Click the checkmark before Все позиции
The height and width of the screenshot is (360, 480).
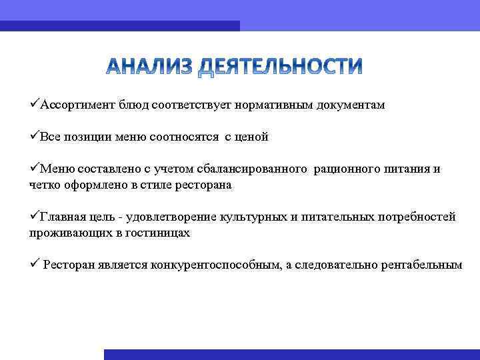pyautogui.click(x=34, y=137)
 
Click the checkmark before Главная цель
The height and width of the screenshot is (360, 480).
pyautogui.click(x=34, y=217)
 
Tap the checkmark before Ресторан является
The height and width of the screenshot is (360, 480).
pyautogui.click(x=34, y=265)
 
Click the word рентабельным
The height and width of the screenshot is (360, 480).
pyautogui.click(x=421, y=265)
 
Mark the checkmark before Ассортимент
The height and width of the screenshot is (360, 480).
pyautogui.click(x=34, y=105)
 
